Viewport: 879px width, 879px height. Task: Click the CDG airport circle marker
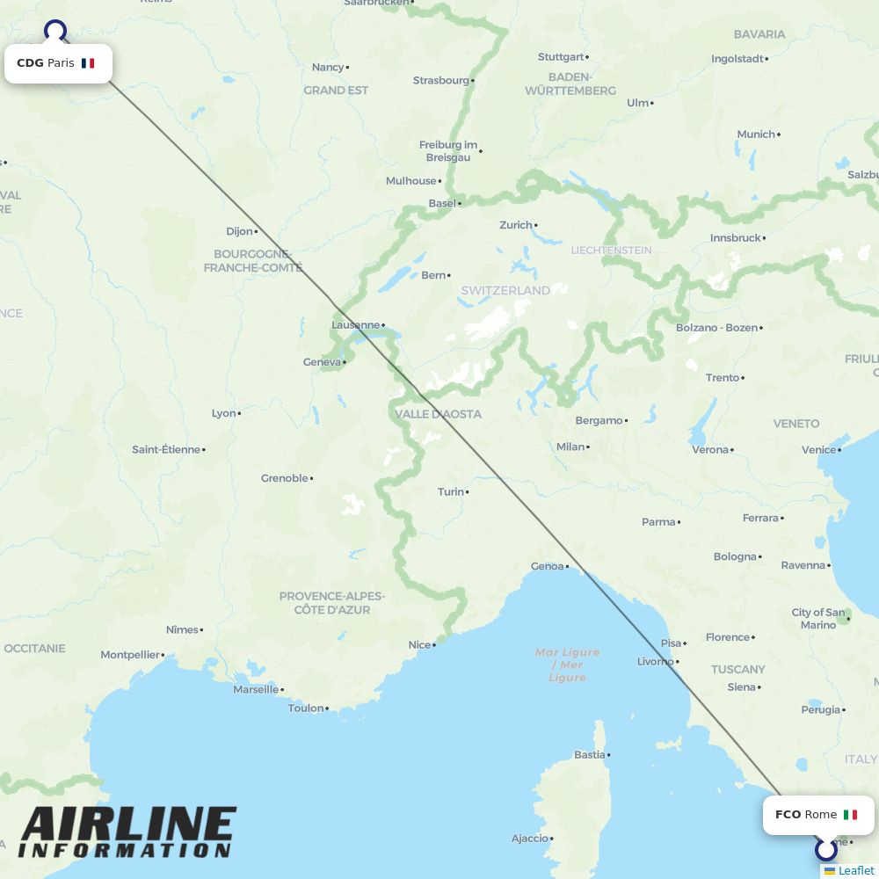point(55,31)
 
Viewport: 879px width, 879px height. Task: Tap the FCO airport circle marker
point(825,850)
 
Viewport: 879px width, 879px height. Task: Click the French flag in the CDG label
point(88,63)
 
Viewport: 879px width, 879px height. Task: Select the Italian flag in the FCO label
point(850,815)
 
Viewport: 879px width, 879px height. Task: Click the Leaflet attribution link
point(855,870)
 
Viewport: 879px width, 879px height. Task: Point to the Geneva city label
point(321,362)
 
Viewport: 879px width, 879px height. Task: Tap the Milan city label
point(570,447)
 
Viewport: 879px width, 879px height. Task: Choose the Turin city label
point(451,492)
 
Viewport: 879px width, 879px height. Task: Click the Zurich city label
point(516,225)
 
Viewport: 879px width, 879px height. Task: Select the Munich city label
point(756,134)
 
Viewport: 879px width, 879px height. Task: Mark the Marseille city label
point(256,689)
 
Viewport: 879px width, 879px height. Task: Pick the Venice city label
point(818,450)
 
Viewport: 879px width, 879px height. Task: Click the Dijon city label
point(239,232)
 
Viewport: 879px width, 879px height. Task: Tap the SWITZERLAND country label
point(505,290)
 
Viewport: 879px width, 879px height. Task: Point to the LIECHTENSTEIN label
point(611,251)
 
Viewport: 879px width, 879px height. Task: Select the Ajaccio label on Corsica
point(530,839)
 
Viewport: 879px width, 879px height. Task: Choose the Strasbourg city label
point(441,81)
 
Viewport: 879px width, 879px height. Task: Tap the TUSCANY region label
point(737,669)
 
